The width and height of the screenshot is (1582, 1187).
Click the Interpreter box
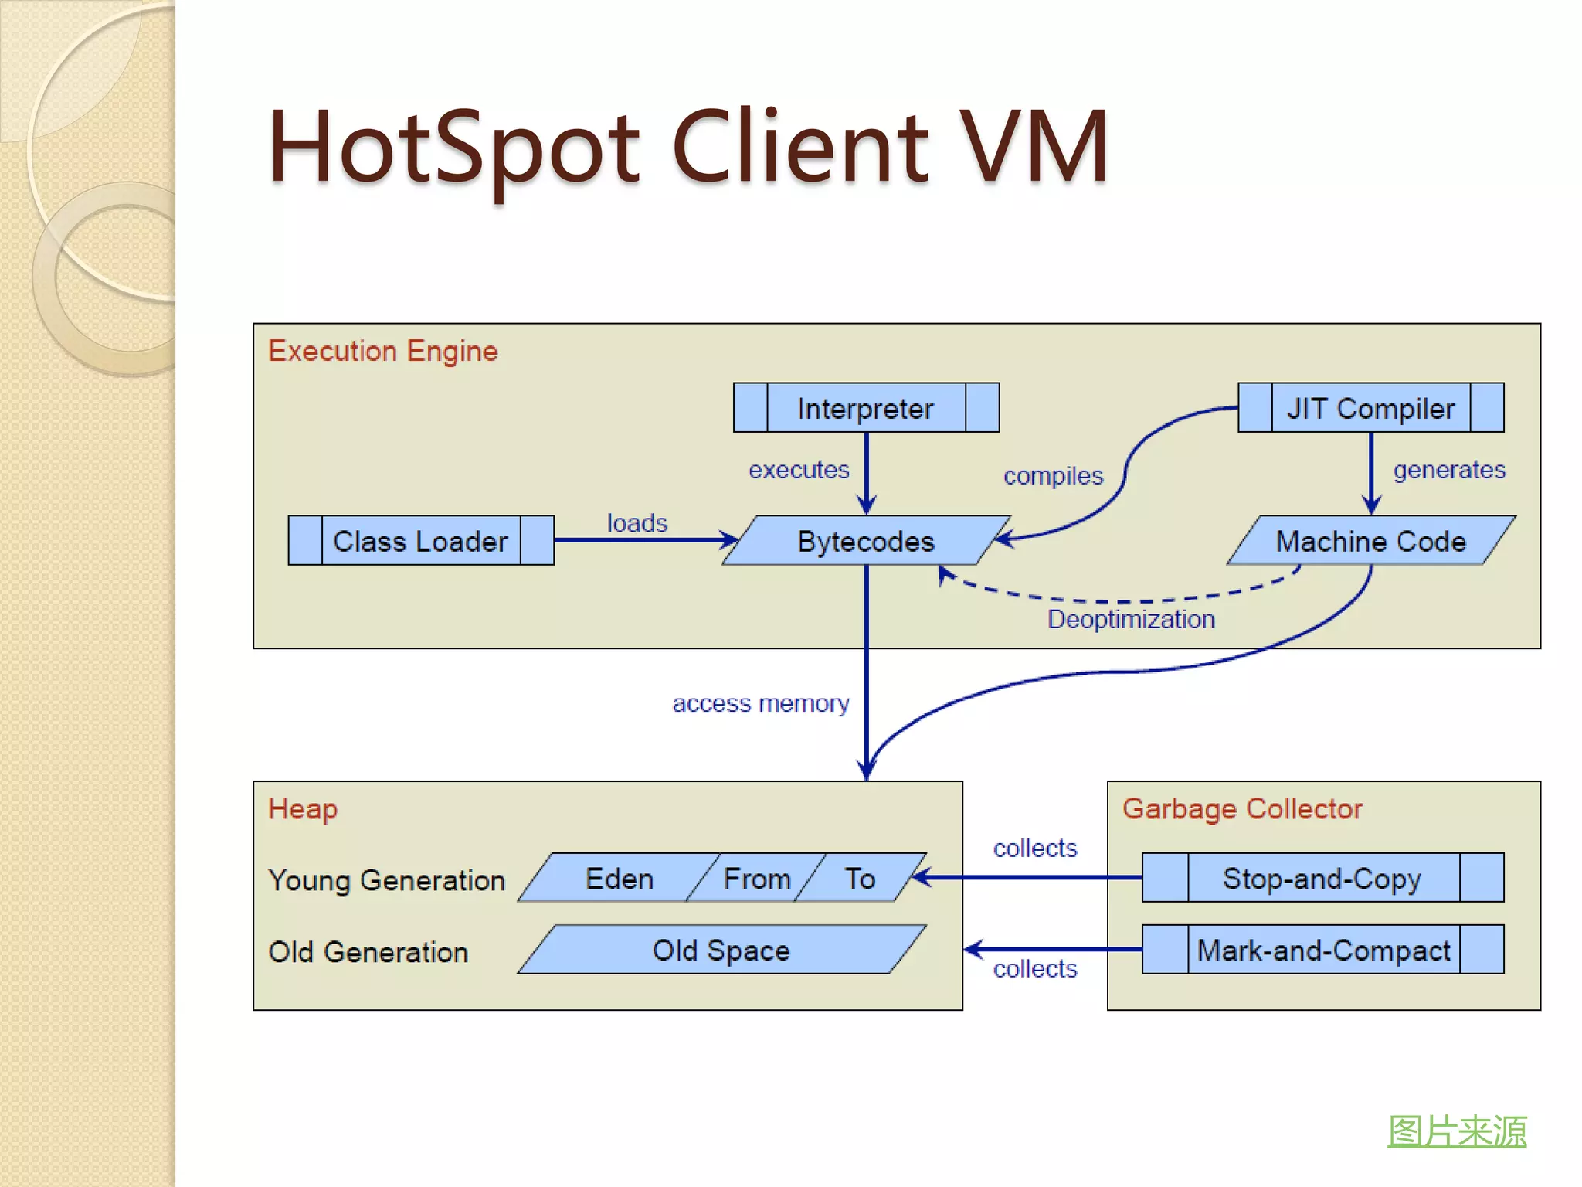[x=866, y=408]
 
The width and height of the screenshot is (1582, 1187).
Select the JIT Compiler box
[x=1370, y=408]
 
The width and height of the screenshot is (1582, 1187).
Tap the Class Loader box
[x=421, y=541]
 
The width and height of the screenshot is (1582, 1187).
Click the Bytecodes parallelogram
[x=866, y=541]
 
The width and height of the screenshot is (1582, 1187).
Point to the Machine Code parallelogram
[x=1370, y=541]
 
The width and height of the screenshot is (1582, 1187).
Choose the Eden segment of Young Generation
[x=620, y=879]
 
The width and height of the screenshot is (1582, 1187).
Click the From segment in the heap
[x=757, y=879]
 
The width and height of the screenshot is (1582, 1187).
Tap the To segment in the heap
[x=860, y=879]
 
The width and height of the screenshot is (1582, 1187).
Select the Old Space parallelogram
[x=721, y=950]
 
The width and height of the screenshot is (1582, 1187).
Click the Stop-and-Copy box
[x=1322, y=878]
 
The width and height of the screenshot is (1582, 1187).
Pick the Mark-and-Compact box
[x=1322, y=950]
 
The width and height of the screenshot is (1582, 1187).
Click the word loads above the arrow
[x=637, y=523]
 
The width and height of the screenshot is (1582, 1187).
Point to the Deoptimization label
[x=1131, y=619]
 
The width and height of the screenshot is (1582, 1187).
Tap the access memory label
[x=760, y=703]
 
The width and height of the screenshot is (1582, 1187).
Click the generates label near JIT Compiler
[x=1449, y=470]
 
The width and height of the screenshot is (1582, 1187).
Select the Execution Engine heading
[x=383, y=352]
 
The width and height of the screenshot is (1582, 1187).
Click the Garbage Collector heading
[x=1242, y=809]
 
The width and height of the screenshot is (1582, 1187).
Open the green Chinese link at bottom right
[x=1457, y=1131]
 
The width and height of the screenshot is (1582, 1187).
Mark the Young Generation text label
[x=386, y=880]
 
